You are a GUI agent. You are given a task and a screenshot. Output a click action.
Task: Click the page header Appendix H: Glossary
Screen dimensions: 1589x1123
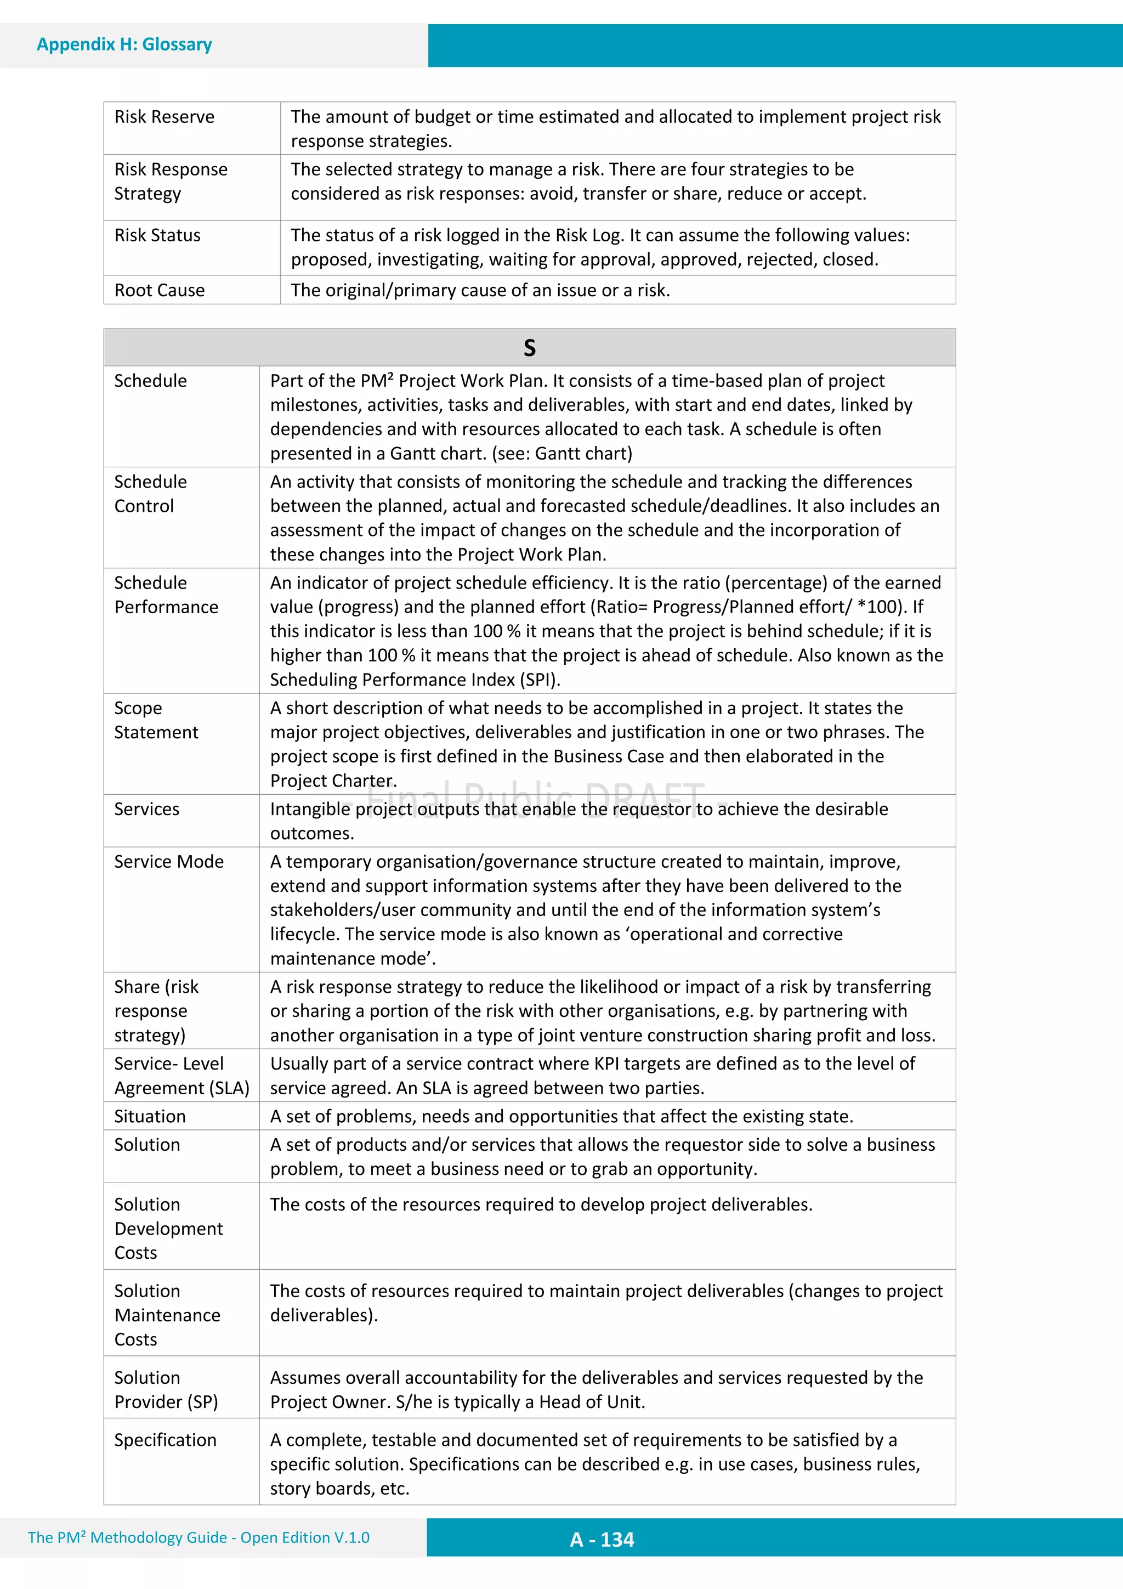point(124,44)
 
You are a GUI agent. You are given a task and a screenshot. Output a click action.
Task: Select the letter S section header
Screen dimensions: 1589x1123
point(529,347)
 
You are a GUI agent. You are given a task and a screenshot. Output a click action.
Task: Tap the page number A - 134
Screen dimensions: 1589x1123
point(602,1539)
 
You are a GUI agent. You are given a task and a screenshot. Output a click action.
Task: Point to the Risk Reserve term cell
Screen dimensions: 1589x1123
point(165,117)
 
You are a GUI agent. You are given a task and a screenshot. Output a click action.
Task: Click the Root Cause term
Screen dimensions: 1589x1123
point(160,290)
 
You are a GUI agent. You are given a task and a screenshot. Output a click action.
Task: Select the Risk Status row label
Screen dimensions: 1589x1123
point(158,235)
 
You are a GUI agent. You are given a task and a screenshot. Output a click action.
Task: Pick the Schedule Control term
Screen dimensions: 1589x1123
point(150,494)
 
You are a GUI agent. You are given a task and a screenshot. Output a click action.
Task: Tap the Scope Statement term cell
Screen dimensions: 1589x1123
point(156,720)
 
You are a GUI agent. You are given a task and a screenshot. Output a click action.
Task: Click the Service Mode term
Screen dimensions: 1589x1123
point(169,862)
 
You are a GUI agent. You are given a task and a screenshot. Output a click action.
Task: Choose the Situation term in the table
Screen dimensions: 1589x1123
point(150,1116)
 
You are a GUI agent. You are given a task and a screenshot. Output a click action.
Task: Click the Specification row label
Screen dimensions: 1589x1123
point(166,1440)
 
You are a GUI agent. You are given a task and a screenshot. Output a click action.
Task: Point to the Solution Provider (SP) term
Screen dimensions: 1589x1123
point(166,1390)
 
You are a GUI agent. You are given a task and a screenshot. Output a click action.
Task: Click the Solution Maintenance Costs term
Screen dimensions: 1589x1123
point(167,1315)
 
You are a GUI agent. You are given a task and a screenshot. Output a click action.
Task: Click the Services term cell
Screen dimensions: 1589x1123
point(147,809)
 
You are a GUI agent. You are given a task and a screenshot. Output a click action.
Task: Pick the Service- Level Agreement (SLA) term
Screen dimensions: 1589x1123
point(182,1076)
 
